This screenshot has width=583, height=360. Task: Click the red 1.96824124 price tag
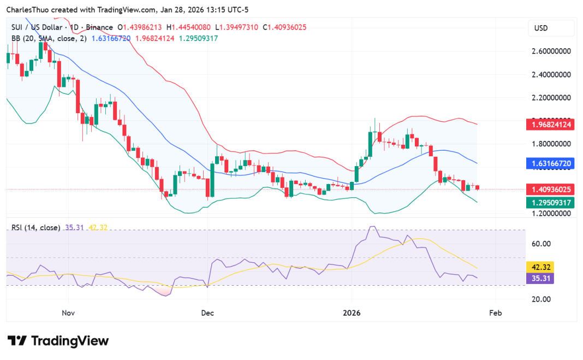[550, 125]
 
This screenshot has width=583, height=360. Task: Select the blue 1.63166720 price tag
[550, 163]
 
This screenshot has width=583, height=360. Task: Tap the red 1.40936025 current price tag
[550, 190]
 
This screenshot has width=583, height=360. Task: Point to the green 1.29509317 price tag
[550, 203]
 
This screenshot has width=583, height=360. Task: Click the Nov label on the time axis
[68, 314]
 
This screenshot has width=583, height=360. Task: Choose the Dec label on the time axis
[207, 314]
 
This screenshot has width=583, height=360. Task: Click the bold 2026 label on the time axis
[352, 314]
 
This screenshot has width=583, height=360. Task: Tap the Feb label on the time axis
[495, 314]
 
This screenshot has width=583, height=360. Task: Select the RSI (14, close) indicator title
[35, 227]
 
